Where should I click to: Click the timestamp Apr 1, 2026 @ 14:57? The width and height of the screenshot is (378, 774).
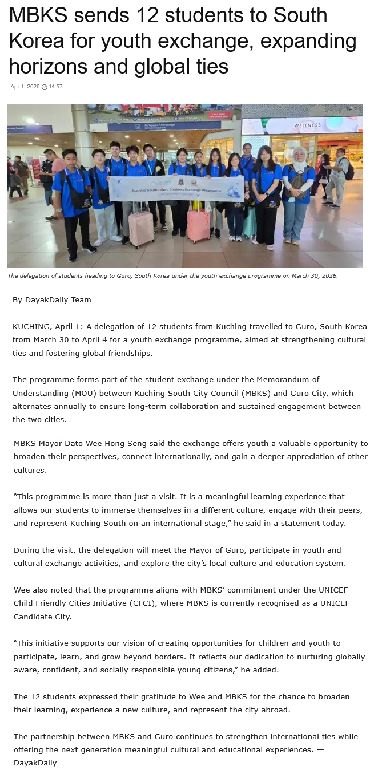point(36,87)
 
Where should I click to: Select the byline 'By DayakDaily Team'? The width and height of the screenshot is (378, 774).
point(51,299)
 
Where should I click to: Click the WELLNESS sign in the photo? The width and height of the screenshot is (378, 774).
point(308,125)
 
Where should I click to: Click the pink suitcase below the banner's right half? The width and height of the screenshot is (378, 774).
point(199,225)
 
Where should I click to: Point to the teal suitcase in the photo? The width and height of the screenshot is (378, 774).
point(250,222)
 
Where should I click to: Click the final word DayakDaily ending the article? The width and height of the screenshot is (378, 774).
point(35,763)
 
